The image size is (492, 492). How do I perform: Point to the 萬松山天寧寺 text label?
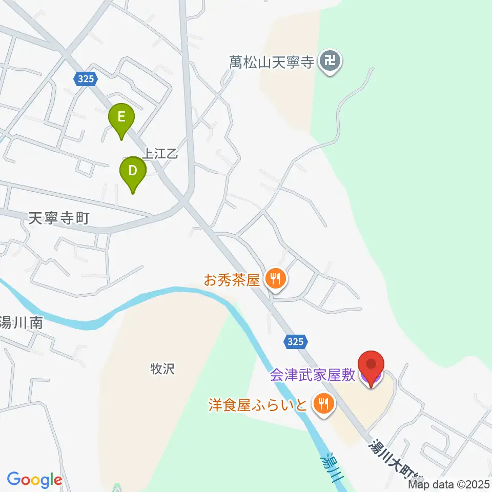click(271, 63)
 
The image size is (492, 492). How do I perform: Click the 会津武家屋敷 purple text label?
click(314, 376)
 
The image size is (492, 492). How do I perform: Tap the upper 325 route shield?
click(83, 78)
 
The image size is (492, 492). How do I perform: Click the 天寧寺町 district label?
click(58, 219)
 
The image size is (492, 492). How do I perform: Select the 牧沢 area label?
click(162, 368)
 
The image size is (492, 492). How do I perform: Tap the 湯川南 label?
click(20, 323)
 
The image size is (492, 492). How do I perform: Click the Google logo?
click(35, 480)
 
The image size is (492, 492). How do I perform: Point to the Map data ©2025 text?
click(449, 484)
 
